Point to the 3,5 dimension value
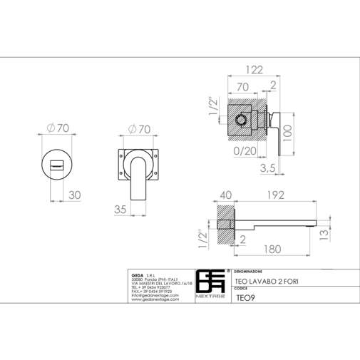(268, 168)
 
